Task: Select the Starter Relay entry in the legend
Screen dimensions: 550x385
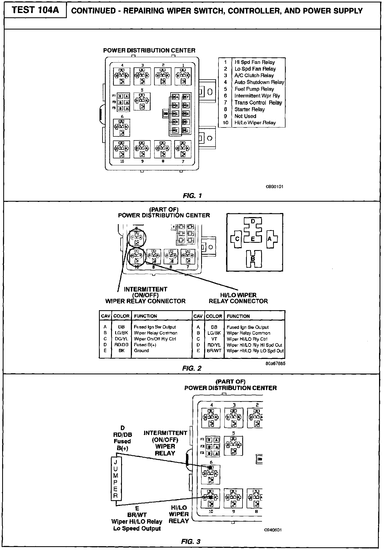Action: [x=249, y=109]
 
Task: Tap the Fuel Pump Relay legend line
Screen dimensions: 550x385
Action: [x=254, y=89]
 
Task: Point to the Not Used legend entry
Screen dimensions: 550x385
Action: [x=245, y=116]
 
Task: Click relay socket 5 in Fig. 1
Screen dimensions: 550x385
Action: [x=142, y=101]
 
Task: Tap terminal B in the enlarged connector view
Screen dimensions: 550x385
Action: [x=253, y=258]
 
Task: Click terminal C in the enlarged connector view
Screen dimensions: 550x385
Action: [x=237, y=239]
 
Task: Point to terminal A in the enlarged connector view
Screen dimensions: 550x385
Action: [x=270, y=239]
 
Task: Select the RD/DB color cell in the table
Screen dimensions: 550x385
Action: [x=121, y=345]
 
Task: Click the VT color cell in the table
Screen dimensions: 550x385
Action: [x=214, y=339]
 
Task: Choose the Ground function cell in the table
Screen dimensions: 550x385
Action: [x=141, y=351]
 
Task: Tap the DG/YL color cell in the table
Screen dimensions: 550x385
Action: [x=121, y=339]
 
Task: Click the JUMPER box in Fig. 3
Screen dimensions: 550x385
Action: [x=116, y=479]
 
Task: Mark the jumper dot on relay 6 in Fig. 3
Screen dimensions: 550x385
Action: [x=210, y=468]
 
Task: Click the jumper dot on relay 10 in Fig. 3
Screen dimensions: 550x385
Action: [x=211, y=497]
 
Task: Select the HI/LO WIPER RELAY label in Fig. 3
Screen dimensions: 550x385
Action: [x=178, y=514]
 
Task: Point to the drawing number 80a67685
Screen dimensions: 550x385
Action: [x=275, y=364]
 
